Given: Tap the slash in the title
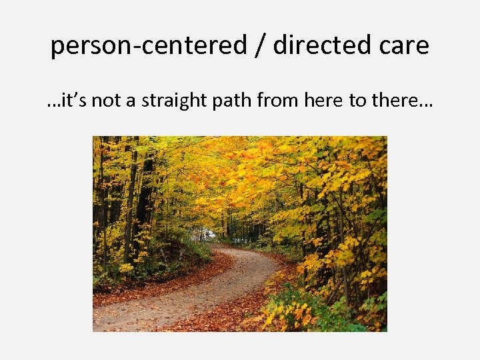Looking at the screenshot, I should (261, 45).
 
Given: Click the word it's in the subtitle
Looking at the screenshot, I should (73, 101).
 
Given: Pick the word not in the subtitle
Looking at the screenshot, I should (104, 101).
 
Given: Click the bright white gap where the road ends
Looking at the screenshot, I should (209, 234).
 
